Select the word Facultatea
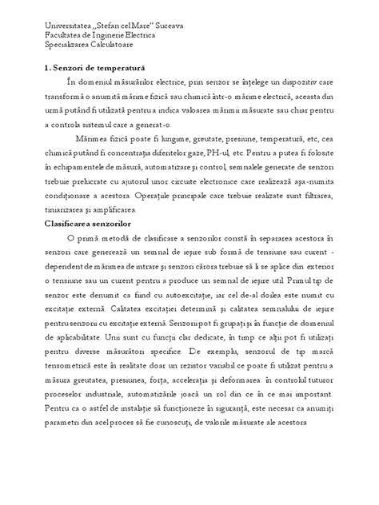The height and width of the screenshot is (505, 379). point(64,37)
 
